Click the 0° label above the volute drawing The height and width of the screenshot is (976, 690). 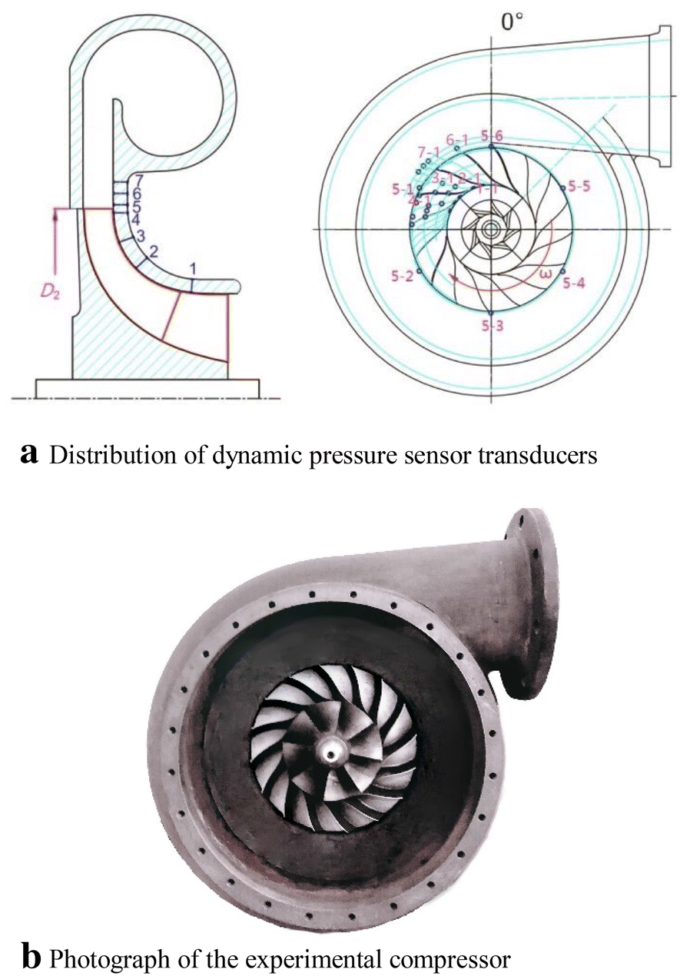512,22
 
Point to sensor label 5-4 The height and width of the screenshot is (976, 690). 573,284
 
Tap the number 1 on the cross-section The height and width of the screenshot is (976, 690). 194,268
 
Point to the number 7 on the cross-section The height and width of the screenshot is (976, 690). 138,181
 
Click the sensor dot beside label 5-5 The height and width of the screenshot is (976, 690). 563,188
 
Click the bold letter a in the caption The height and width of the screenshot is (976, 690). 30,454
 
